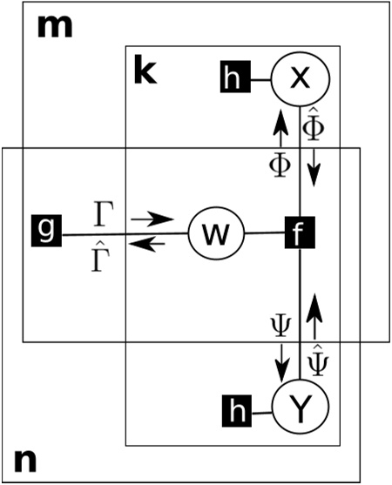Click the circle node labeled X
click(x=301, y=79)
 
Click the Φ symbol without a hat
click(x=280, y=163)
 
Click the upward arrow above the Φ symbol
click(x=280, y=127)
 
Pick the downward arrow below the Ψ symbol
click(x=280, y=357)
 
